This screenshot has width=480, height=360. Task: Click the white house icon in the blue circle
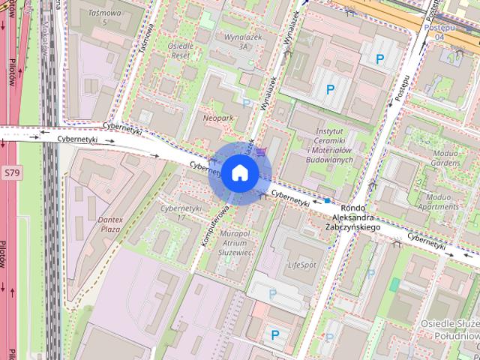240,173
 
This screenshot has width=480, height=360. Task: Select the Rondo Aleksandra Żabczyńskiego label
352,217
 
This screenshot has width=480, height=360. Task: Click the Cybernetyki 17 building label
181,212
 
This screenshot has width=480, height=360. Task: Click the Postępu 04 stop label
439,31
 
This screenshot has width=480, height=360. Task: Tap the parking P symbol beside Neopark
247,103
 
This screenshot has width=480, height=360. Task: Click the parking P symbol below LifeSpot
272,293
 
